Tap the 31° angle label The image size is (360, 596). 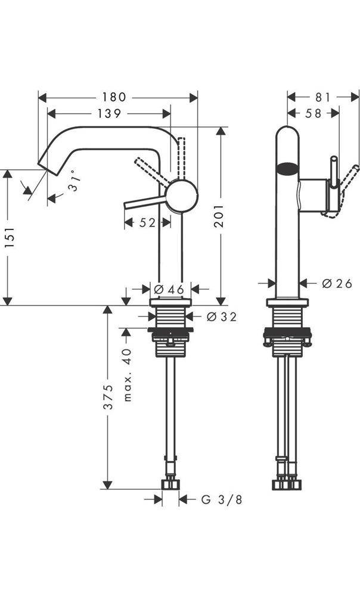[73, 185]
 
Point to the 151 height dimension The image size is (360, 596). [8, 237]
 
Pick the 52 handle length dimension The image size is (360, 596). [147, 223]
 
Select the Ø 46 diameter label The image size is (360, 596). [169, 289]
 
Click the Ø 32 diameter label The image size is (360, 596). [221, 317]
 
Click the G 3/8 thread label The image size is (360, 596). [221, 499]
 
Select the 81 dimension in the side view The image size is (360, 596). [322, 97]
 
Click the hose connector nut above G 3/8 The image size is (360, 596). [170, 483]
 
